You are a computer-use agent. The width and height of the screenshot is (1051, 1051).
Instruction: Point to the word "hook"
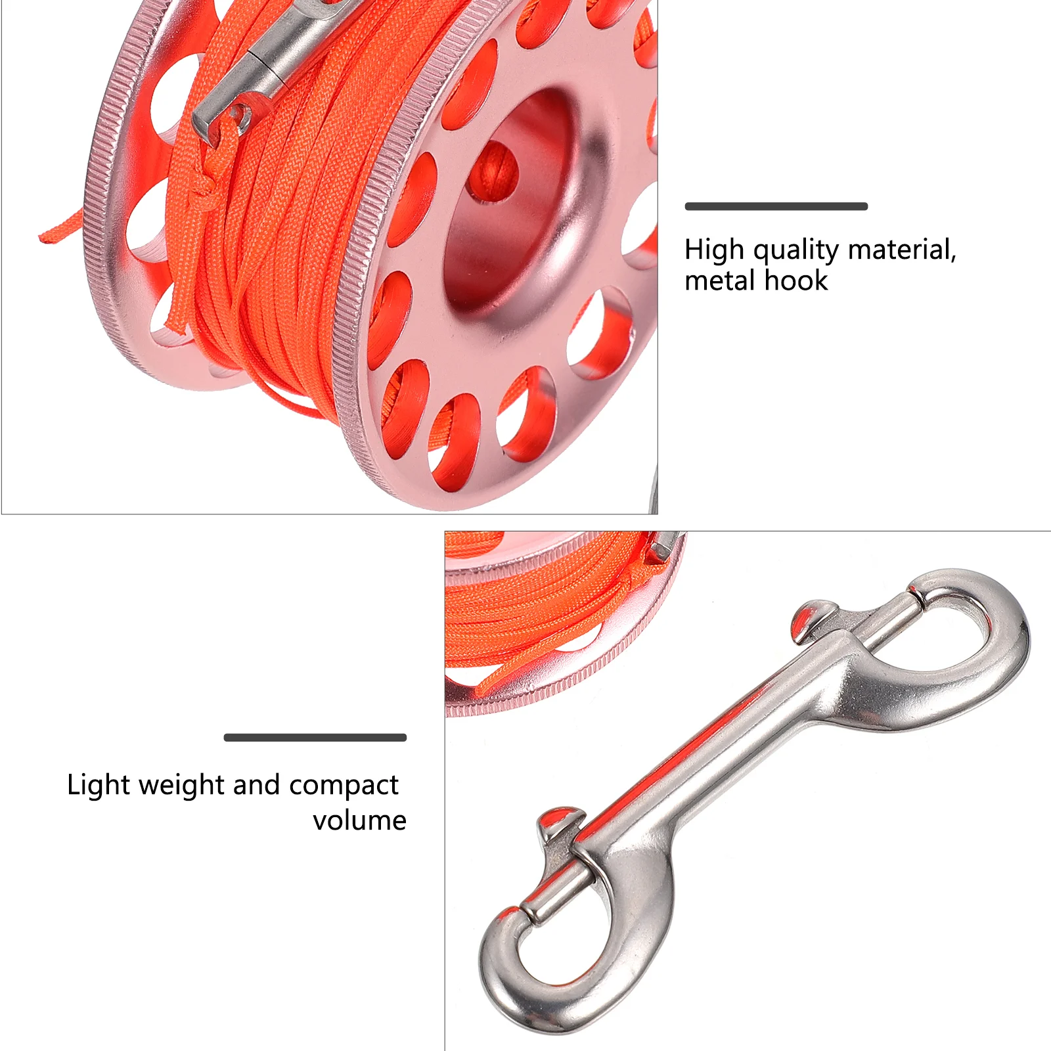796,281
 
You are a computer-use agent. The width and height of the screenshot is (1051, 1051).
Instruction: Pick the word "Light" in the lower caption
99,786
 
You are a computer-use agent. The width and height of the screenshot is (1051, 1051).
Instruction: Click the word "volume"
359,820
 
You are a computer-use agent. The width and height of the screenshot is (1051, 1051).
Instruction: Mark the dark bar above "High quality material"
776,206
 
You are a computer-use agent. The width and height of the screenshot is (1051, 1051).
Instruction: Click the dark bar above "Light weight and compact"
315,738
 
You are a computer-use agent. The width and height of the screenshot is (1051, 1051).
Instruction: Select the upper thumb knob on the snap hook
813,617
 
